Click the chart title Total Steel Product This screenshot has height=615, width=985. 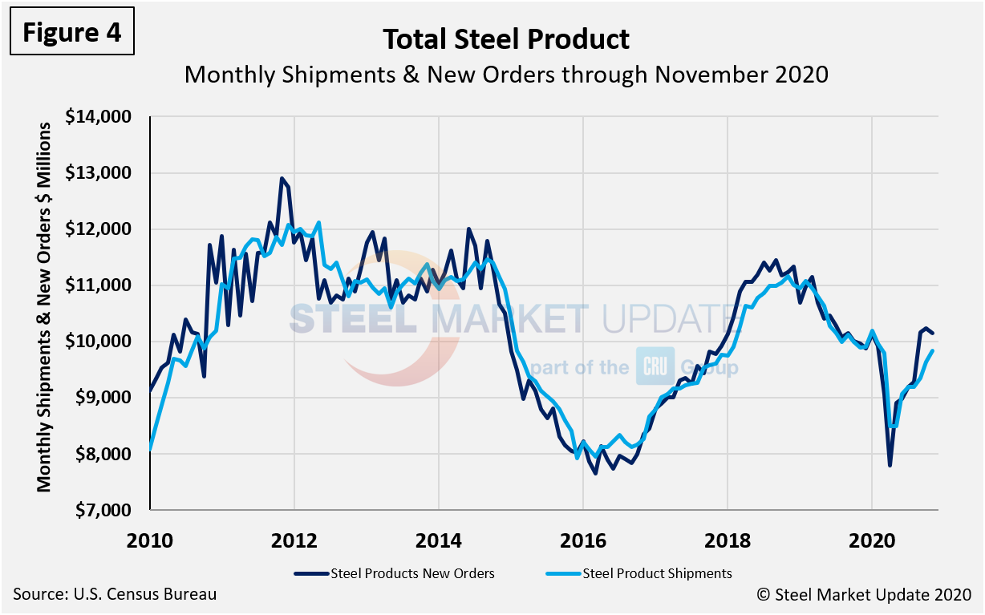click(x=505, y=39)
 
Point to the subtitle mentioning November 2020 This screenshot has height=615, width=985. click(x=505, y=75)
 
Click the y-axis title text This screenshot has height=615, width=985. click(x=44, y=307)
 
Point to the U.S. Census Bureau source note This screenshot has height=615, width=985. click(x=115, y=595)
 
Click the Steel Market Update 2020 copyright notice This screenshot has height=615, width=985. click(x=864, y=595)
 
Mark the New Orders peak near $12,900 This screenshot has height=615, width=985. click(x=282, y=178)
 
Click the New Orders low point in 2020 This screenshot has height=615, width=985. click(x=890, y=465)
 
